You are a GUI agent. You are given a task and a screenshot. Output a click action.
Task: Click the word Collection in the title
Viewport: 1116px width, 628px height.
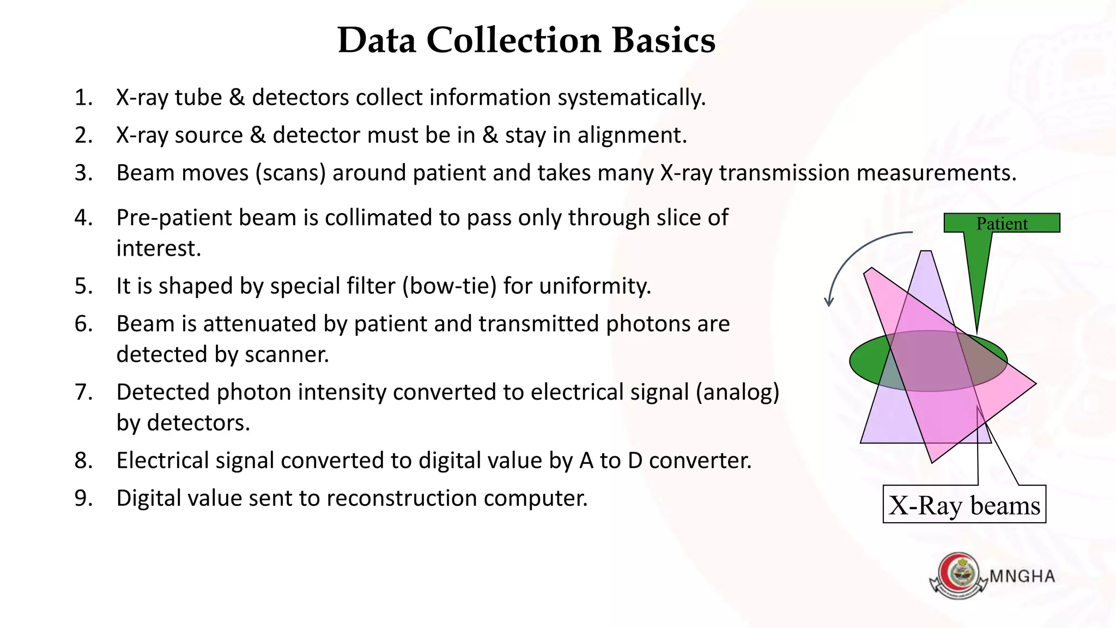coord(513,40)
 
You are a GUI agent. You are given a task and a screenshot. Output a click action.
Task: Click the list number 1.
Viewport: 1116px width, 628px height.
coord(83,98)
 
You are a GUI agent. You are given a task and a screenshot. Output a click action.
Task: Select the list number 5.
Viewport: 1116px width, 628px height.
coord(83,286)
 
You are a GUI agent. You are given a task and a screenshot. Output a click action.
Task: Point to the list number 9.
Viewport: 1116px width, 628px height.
coord(83,498)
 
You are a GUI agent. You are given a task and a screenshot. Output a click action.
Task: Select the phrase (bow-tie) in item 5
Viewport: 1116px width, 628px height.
coord(449,286)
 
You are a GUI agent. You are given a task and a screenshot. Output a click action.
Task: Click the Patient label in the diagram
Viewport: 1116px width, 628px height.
coord(1002,224)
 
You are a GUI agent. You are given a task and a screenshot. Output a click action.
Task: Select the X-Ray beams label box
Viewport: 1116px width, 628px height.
coord(964,505)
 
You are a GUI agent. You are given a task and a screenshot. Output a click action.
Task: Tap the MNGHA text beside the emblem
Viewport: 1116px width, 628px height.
coord(1022,576)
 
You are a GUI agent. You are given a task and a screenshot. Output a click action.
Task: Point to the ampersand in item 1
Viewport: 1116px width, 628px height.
coord(236,98)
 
